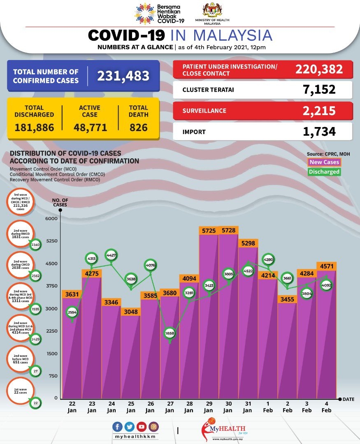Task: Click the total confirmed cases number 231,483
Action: pos(123,76)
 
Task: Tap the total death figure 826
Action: pos(138,127)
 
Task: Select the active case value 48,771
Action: pos(90,127)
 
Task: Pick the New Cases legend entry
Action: pos(324,162)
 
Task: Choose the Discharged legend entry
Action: pos(324,172)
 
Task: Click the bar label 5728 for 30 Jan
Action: pos(228,231)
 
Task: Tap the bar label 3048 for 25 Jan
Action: pos(131,311)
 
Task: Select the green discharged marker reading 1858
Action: pos(170,334)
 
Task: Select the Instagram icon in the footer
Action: pos(153,427)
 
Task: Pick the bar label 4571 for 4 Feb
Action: pos(326,266)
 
